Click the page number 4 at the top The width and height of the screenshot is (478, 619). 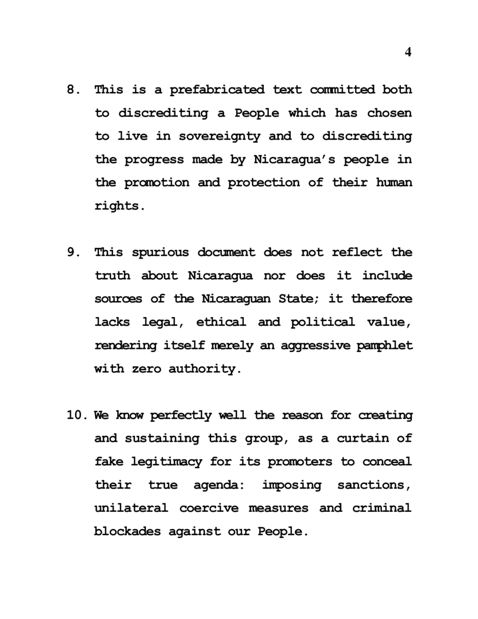point(408,52)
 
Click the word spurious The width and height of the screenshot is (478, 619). point(160,252)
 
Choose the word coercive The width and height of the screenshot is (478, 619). point(208,508)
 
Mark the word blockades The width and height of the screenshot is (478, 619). point(127,531)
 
